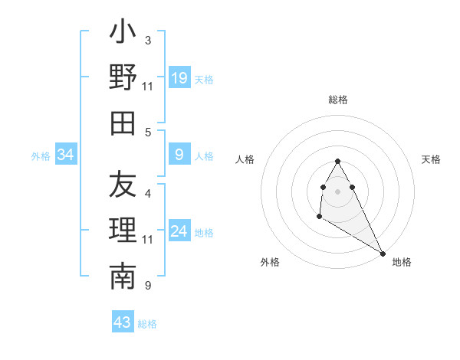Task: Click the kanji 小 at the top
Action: coord(123,34)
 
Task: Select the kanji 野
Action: coord(123,77)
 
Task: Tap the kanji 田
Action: coord(123,123)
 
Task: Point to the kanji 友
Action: coord(123,185)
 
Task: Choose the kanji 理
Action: coord(123,231)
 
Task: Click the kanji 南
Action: coord(123,277)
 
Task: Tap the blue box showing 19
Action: coord(179,77)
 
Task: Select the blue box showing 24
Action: coord(179,231)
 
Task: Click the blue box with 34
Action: coord(66,155)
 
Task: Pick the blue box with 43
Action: coord(122,322)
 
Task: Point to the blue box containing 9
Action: coord(179,155)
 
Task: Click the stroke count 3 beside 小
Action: coord(148,40)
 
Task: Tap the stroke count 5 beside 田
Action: coord(148,132)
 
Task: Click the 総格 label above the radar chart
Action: coord(338,100)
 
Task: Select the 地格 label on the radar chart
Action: coord(402,262)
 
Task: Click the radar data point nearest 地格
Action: coord(383,253)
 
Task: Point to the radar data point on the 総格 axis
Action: coord(337,162)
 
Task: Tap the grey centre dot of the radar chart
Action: coord(337,191)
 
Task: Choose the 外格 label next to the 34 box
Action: coord(41,156)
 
